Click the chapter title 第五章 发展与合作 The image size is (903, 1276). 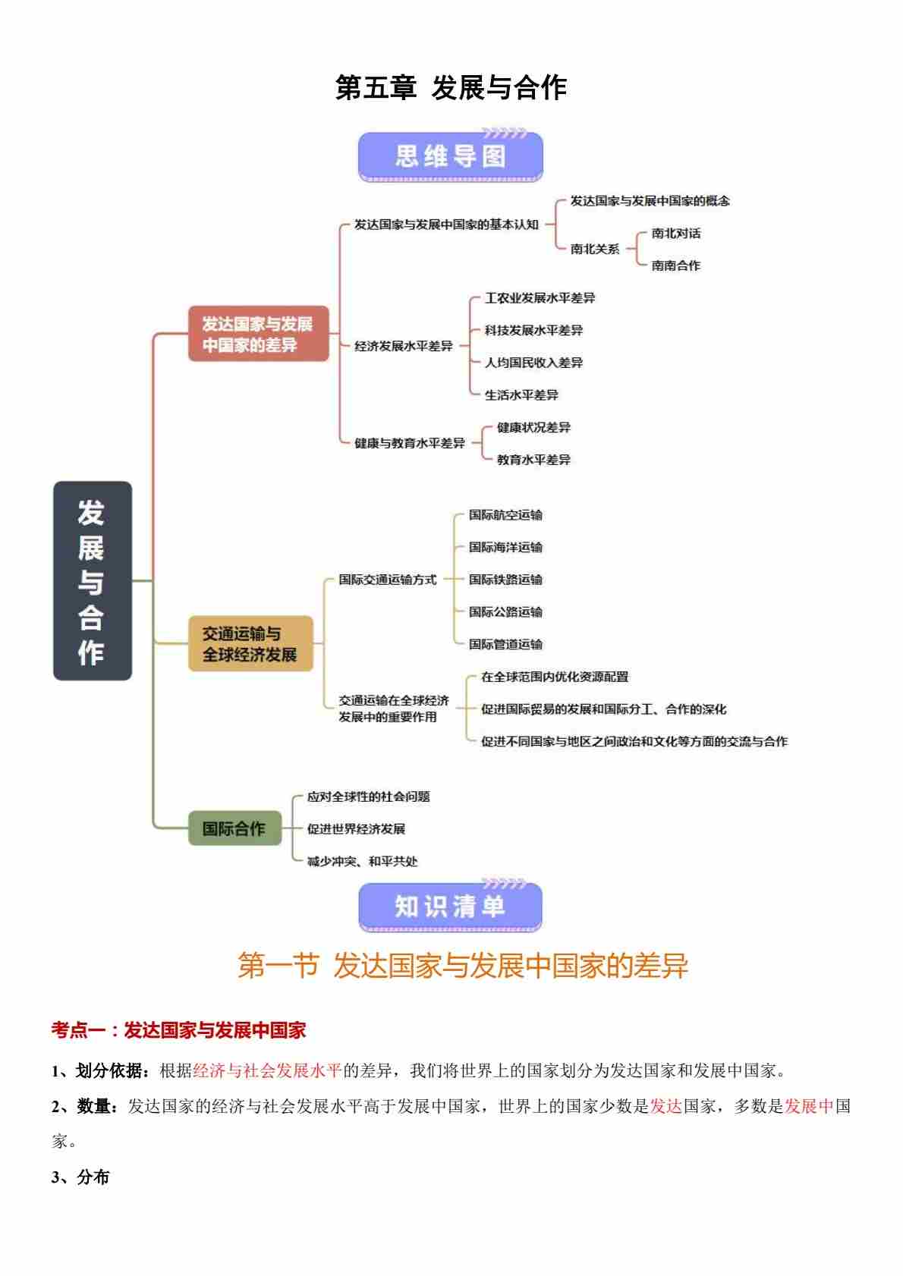pyautogui.click(x=451, y=88)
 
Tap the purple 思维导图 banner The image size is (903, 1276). pyautogui.click(x=450, y=156)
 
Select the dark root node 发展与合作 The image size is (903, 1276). pyautogui.click(x=92, y=580)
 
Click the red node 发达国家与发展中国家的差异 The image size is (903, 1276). pyautogui.click(x=258, y=334)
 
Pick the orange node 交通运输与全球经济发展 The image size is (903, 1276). pyautogui.click(x=250, y=644)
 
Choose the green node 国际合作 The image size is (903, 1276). pyautogui.click(x=234, y=828)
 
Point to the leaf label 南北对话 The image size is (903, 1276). pyautogui.click(x=675, y=234)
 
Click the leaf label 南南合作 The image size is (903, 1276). pyautogui.click(x=675, y=266)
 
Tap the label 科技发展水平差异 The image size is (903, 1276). pyautogui.click(x=533, y=331)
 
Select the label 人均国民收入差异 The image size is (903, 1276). pyautogui.click(x=533, y=363)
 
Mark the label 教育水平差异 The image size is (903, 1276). pyautogui.click(x=533, y=460)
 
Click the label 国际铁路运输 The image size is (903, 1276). pyautogui.click(x=505, y=580)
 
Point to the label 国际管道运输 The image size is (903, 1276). pyautogui.click(x=505, y=644)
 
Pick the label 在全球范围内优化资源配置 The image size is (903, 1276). pyautogui.click(x=555, y=677)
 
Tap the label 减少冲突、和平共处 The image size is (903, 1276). pyautogui.click(x=362, y=861)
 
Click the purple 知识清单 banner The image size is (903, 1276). pyautogui.click(x=450, y=907)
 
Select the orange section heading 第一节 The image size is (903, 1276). pyautogui.click(x=278, y=966)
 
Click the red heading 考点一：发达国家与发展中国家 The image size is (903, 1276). pyautogui.click(x=178, y=1030)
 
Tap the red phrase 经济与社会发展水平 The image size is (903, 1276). pyautogui.click(x=267, y=1070)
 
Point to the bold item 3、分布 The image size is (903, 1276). pyautogui.click(x=80, y=1177)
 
